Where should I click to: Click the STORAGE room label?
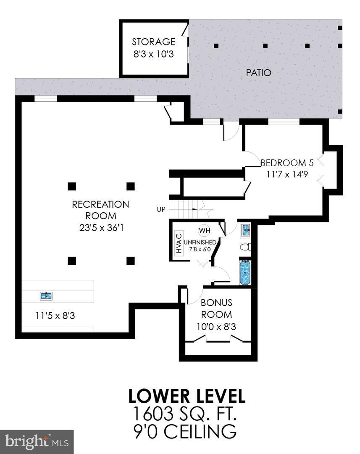153,42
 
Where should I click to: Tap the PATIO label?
258,73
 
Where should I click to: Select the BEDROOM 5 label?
287,163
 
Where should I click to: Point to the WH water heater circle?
204,230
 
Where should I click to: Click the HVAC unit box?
179,243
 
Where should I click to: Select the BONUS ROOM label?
216,308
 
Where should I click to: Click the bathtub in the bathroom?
245,272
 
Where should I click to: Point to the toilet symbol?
245,247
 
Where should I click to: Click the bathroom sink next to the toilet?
246,230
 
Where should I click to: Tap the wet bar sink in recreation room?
46,296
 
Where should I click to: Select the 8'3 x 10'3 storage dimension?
153,55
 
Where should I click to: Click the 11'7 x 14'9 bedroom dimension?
287,174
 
